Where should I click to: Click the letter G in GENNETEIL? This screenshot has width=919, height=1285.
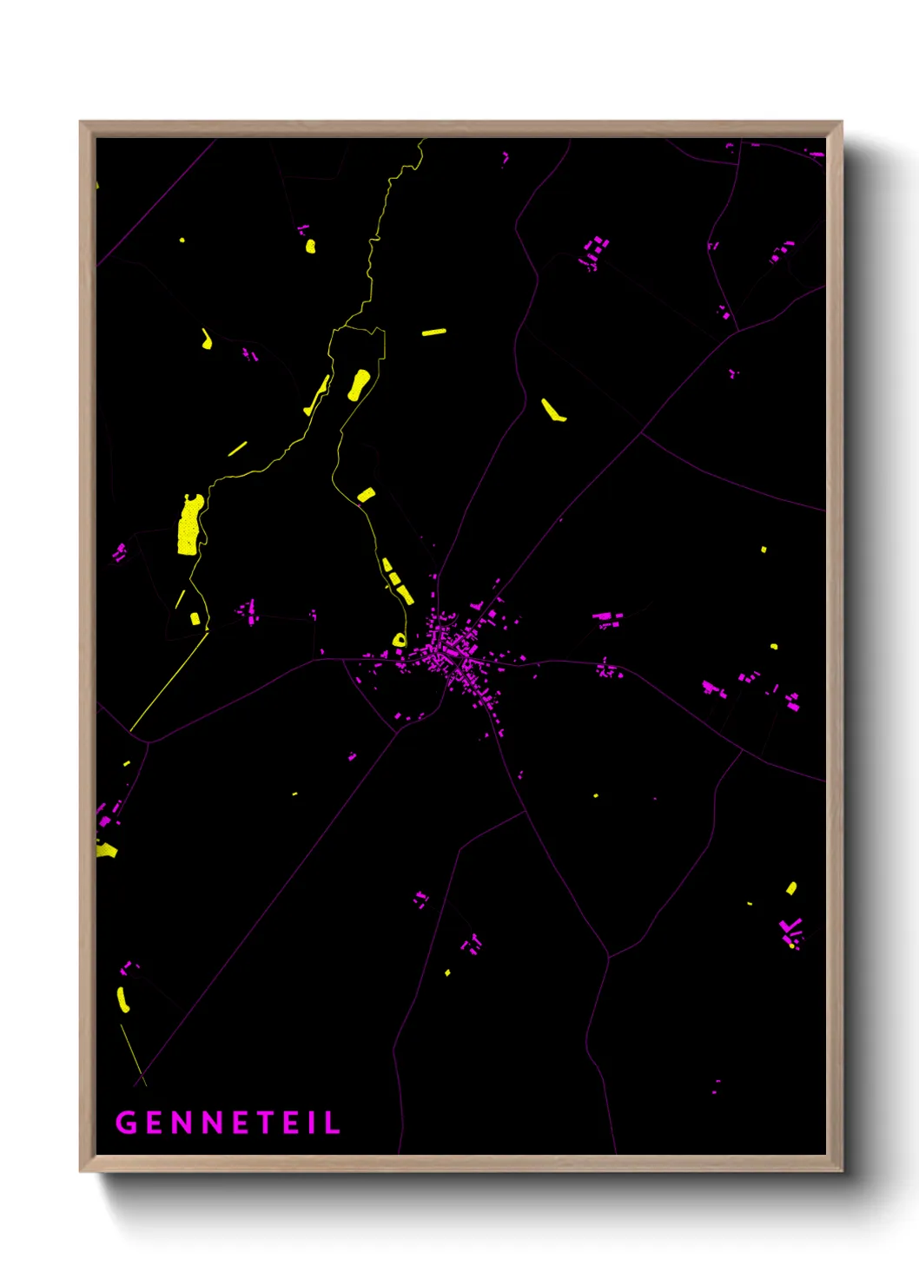coord(127,1123)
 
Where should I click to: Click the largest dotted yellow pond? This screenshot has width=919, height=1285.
coord(189,524)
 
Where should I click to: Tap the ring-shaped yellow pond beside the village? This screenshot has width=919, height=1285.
coord(399,641)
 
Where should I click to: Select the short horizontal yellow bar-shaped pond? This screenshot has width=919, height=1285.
coord(433,332)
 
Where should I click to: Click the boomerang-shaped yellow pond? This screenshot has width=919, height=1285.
coord(552,411)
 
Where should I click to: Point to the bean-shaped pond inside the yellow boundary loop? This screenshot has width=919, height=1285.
coord(358,385)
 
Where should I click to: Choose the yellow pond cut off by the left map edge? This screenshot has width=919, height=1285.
coord(106,850)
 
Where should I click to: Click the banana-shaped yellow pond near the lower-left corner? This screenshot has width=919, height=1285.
coord(122,1000)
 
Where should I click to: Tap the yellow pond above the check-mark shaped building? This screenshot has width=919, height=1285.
coord(791,887)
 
